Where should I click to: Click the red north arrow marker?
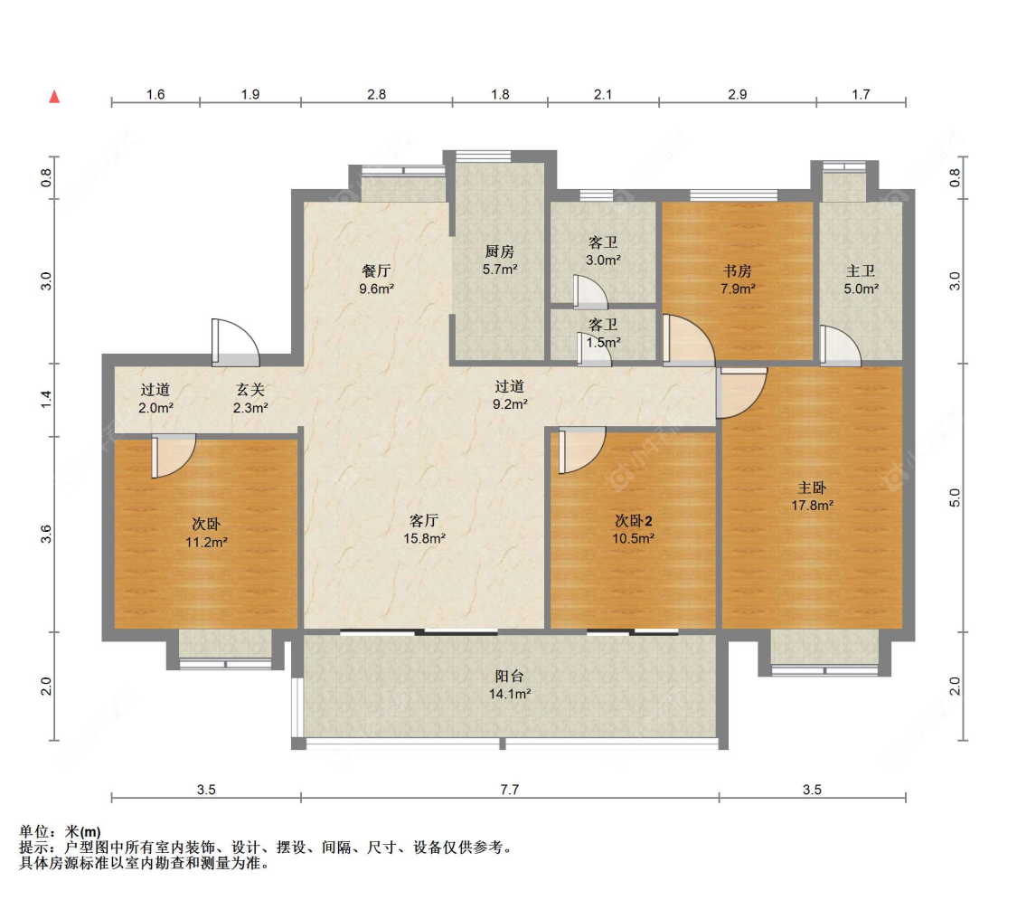[54, 97]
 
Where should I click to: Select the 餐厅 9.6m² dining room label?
[377, 279]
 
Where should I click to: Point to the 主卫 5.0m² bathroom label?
[861, 279]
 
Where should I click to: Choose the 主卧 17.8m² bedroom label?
[812, 497]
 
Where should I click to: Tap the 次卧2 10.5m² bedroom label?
[633, 529]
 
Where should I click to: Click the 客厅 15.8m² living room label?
[424, 529]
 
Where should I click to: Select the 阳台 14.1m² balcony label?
[510, 685]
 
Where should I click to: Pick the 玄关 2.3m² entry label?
[250, 398]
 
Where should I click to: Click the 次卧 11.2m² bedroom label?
[206, 533]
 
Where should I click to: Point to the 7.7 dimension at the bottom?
[510, 790]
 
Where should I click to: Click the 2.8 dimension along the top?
[377, 95]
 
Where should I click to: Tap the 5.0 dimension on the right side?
[954, 497]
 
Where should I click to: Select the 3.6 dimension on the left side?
[45, 535]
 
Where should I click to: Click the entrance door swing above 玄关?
[235, 342]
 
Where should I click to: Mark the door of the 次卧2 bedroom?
[581, 450]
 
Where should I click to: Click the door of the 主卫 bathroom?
[840, 346]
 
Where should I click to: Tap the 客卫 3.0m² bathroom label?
[603, 251]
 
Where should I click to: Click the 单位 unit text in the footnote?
[34, 832]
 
